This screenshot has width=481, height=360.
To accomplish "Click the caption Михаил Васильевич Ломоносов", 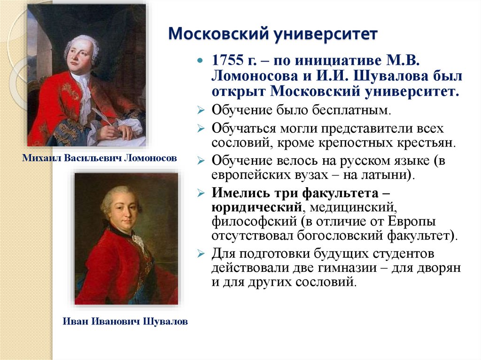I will (100, 159).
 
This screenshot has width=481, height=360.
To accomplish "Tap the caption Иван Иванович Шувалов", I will (125, 322).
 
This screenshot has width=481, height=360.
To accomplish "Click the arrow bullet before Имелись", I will (201, 193).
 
